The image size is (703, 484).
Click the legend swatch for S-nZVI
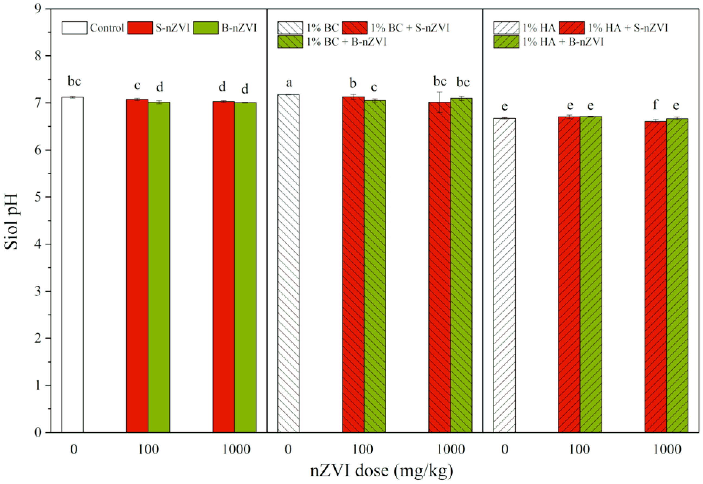point(140,28)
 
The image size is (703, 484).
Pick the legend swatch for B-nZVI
point(205,28)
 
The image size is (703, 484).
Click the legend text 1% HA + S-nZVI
point(628,28)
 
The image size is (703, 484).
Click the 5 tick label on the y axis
point(38,197)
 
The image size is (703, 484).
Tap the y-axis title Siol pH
point(12,221)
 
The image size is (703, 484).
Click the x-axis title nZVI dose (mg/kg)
point(381,470)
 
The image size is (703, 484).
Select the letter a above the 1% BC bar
point(289,82)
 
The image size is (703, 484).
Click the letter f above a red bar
point(655,105)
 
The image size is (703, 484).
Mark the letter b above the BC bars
point(353,83)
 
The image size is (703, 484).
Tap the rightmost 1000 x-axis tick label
point(667,449)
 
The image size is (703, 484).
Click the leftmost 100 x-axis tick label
point(148,449)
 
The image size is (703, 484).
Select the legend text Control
point(107,28)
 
